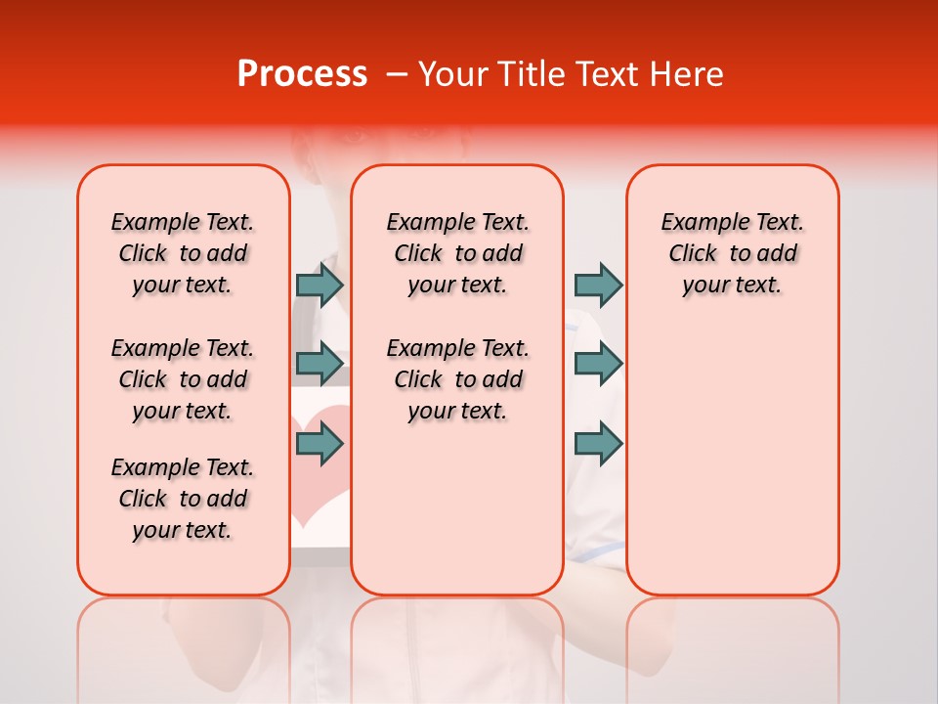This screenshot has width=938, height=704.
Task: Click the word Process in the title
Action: click(302, 74)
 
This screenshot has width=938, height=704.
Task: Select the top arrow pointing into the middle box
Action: click(320, 285)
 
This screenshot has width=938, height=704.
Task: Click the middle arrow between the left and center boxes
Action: click(320, 364)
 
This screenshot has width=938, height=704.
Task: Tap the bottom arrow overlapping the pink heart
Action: click(320, 444)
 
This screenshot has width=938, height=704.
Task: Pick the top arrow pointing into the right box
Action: click(598, 285)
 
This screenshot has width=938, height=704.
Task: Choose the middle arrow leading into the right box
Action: click(598, 364)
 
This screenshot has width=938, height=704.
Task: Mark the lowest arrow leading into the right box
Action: click(598, 444)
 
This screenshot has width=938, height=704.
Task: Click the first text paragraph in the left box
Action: click(183, 253)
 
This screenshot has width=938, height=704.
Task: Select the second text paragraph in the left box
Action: click(183, 379)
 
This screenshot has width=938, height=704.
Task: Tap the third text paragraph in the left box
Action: click(183, 499)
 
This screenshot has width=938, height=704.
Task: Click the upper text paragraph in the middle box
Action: click(457, 253)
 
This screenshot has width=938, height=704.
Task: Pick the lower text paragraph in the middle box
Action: click(457, 379)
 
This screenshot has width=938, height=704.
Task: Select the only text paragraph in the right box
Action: click(732, 253)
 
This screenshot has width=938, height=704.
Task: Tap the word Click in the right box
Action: click(693, 254)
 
